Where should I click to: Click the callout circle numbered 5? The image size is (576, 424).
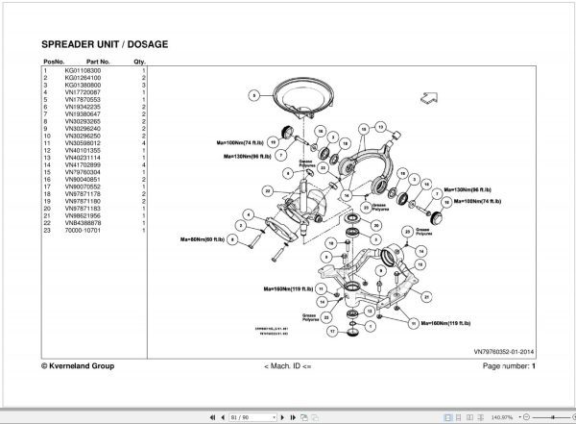[x=253, y=95]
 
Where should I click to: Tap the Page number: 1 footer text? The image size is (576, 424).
[x=508, y=366]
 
